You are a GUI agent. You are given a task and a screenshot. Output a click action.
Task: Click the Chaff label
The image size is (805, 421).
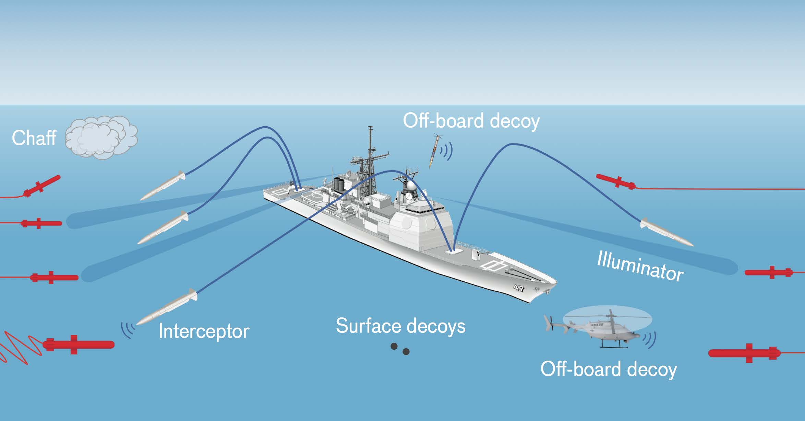point(34,138)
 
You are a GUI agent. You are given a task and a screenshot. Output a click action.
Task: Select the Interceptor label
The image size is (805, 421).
point(204,331)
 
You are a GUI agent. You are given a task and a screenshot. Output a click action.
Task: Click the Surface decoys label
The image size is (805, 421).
point(400,326)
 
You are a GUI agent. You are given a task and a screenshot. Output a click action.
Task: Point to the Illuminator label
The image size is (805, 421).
point(640,266)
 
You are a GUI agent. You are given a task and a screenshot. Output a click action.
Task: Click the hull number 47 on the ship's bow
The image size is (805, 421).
point(519,288)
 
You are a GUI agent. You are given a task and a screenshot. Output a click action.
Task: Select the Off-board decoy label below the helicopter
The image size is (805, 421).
point(609,369)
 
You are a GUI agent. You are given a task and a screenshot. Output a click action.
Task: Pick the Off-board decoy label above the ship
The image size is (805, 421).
point(471,121)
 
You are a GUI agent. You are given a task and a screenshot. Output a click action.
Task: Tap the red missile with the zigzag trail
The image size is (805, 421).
point(79,344)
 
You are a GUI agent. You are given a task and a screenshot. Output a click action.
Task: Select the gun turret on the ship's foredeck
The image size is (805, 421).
point(476,254)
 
